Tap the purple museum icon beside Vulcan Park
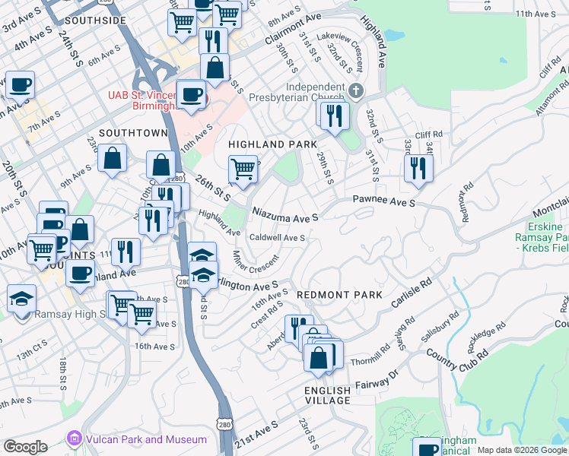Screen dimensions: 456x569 (74, 439)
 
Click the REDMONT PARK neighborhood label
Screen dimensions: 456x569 (332, 293)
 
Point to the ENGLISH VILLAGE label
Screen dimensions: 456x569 (328, 396)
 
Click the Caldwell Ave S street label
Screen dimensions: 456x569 (278, 238)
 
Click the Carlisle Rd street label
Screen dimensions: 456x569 (412, 292)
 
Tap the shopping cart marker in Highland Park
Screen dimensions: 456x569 (243, 168)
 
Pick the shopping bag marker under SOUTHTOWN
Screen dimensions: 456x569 (113, 159)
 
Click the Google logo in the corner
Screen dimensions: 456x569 (25, 447)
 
